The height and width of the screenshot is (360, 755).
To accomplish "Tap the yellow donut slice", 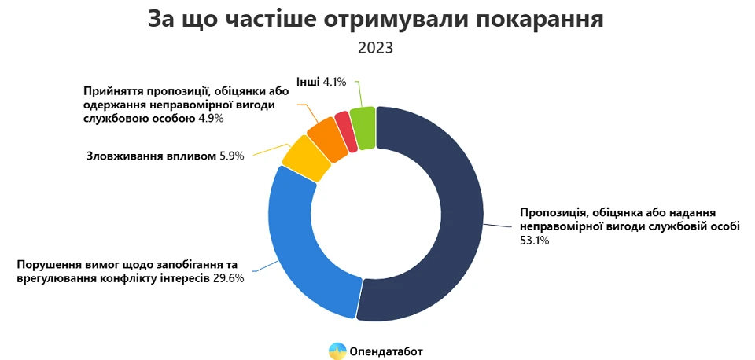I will tap(299, 156).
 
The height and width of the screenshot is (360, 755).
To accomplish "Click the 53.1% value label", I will tap(534, 241).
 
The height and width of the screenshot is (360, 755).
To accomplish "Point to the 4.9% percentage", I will tap(212, 119).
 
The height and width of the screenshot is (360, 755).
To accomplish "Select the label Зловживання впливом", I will tap(150, 156).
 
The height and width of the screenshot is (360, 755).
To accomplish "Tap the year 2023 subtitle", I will tap(376, 48).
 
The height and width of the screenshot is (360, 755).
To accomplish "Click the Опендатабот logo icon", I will tap(337, 351).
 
